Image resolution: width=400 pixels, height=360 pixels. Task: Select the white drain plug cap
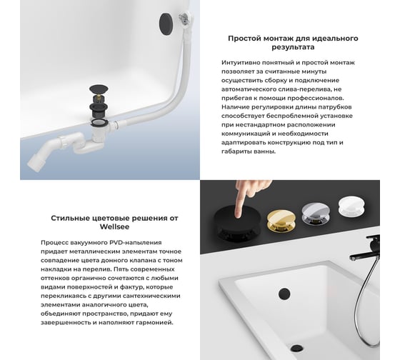(351, 206)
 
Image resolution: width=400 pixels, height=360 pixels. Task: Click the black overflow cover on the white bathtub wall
(284, 294)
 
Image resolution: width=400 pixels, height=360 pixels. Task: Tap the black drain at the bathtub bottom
(296, 349)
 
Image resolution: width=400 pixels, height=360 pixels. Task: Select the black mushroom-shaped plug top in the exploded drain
(99, 90)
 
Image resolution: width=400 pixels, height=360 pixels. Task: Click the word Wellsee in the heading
(114, 227)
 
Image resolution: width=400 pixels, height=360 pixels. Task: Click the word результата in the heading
(293, 47)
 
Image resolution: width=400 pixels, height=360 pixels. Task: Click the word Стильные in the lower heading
(67, 218)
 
